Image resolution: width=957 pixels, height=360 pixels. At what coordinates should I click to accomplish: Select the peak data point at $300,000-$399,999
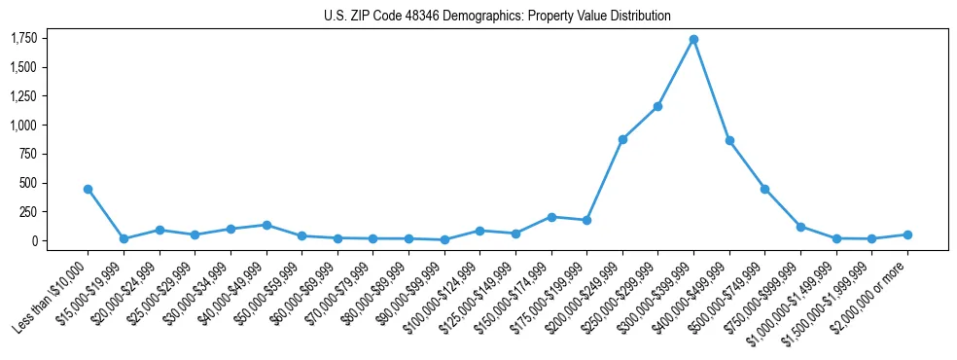693,40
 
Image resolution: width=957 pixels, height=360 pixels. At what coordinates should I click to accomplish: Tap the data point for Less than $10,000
88,189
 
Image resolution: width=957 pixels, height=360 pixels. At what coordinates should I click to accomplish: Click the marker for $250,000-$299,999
657,106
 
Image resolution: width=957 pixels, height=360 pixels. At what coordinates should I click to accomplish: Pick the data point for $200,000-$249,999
622,139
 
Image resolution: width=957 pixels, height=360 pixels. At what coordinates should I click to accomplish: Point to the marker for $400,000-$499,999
729,141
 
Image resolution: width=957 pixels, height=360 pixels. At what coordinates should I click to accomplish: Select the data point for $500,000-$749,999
764,189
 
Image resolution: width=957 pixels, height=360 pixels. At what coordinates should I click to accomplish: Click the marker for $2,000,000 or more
907,234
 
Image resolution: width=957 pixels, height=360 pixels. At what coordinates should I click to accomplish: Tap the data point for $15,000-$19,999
124,238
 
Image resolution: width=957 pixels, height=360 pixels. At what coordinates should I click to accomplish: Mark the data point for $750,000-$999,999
800,227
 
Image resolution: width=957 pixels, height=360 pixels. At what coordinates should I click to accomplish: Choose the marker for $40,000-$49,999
266,225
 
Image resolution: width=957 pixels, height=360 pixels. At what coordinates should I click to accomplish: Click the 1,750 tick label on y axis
24,38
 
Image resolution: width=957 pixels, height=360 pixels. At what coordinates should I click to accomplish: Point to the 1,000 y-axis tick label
24,125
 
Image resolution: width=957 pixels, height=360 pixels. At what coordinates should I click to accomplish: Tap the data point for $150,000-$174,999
550,217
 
